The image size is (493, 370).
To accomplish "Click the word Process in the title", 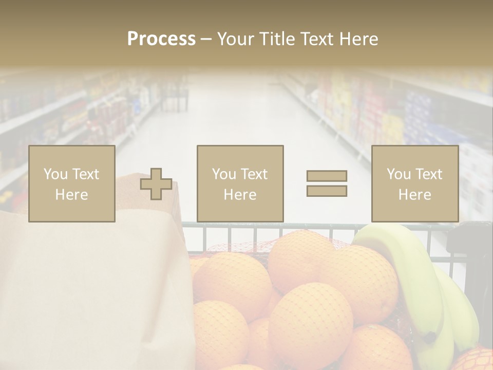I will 161,39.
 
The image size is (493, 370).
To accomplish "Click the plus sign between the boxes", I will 156,183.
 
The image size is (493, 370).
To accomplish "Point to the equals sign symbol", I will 327,183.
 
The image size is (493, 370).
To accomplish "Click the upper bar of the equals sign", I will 327,176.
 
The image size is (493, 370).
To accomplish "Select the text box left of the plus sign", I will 72,183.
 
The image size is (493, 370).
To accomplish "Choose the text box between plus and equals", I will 240,183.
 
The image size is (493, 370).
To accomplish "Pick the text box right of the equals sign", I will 414,183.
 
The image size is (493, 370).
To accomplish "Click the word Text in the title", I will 315,39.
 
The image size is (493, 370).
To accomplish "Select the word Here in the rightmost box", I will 414,195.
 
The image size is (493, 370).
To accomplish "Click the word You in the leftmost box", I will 55,174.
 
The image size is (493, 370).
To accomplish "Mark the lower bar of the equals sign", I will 327,191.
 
